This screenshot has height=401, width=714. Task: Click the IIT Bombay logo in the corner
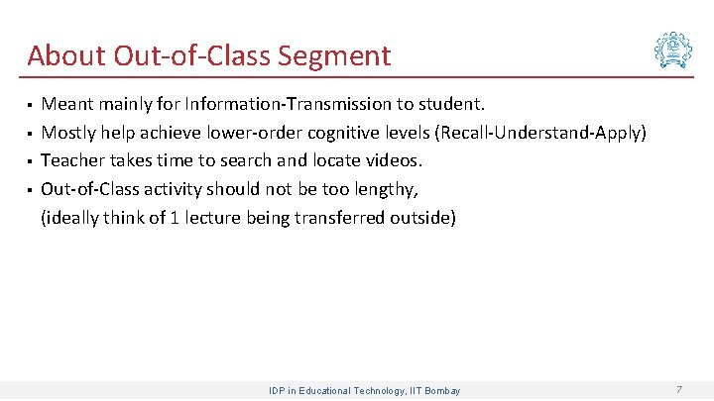[673, 50]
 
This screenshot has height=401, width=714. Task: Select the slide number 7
[678, 390]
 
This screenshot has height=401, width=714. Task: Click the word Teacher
[72, 160]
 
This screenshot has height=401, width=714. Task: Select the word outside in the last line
[420, 218]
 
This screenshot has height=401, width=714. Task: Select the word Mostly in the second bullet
[69, 133]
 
